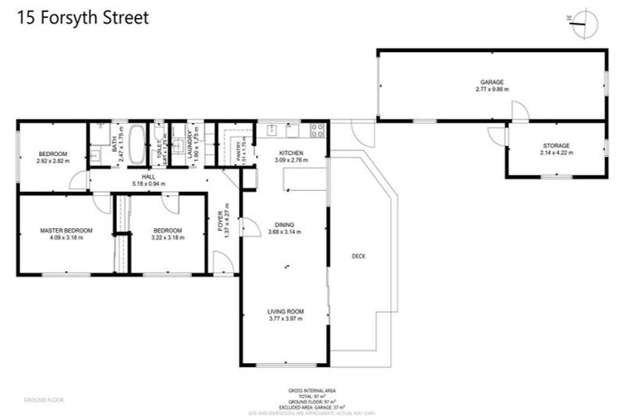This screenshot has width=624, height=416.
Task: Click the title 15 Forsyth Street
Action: pos(81,18)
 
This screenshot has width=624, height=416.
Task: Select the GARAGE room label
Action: pos(492,82)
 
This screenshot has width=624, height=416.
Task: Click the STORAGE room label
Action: pos(557,145)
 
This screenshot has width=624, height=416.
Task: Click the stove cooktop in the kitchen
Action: pos(316,129)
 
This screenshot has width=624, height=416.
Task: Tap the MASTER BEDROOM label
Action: pos(67,231)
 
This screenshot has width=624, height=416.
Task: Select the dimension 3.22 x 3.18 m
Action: pos(167,238)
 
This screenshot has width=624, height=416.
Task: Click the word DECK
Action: pos(358,256)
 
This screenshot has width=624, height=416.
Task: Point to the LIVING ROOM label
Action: pos(285,311)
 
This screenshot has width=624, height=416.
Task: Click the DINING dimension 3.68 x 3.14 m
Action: pos(285,232)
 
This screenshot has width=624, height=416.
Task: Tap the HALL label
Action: pos(148,176)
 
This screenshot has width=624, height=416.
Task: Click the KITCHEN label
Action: pos(291,154)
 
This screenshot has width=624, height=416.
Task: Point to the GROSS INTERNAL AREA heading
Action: pos(311,390)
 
